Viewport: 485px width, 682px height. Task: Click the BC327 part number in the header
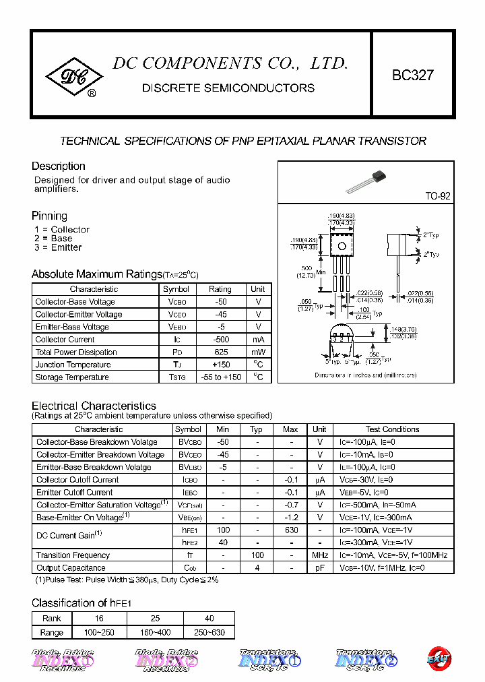click(413, 76)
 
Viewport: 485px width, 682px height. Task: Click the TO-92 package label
click(437, 196)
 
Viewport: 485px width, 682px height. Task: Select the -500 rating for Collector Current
click(220, 340)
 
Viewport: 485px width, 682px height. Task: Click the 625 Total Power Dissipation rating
click(220, 352)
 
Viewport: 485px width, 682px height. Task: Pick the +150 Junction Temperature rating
click(220, 365)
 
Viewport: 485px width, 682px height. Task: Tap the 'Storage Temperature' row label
click(72, 377)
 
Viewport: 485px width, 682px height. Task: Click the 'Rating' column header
click(220, 289)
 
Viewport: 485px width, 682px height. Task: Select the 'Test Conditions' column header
click(392, 429)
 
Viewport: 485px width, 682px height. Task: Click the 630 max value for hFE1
click(291, 530)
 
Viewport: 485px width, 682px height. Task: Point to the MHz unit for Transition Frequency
click(319, 555)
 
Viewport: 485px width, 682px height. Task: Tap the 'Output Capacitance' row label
click(71, 568)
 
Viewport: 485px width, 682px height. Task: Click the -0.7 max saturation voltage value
click(291, 505)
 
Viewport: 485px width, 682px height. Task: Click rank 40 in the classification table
click(209, 618)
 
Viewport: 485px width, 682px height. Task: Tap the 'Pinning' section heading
click(49, 216)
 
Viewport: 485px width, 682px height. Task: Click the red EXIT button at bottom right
click(439, 658)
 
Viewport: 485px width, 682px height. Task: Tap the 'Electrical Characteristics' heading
click(94, 406)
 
